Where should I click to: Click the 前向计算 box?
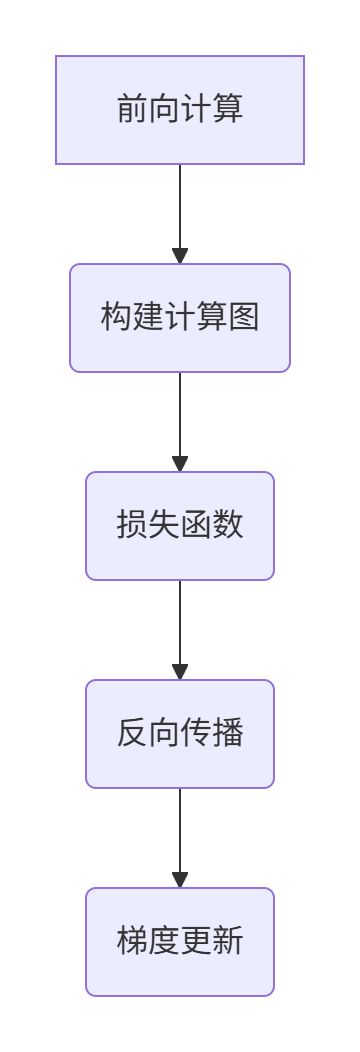180,110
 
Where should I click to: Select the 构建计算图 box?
180,318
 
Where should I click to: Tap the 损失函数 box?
180,526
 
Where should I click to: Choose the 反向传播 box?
180,734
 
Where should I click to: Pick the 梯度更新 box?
180,942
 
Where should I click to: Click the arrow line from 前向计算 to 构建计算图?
180,205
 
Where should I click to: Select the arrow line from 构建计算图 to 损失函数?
180,413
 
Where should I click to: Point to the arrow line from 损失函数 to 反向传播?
180,621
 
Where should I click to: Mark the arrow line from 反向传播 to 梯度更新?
180,829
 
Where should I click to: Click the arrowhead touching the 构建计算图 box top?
180,256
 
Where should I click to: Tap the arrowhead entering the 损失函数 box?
180,464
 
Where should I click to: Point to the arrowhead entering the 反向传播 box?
180,672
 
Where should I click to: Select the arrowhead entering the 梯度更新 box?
180,880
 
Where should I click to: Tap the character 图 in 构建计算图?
244,317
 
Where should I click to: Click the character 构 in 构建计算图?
116,317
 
